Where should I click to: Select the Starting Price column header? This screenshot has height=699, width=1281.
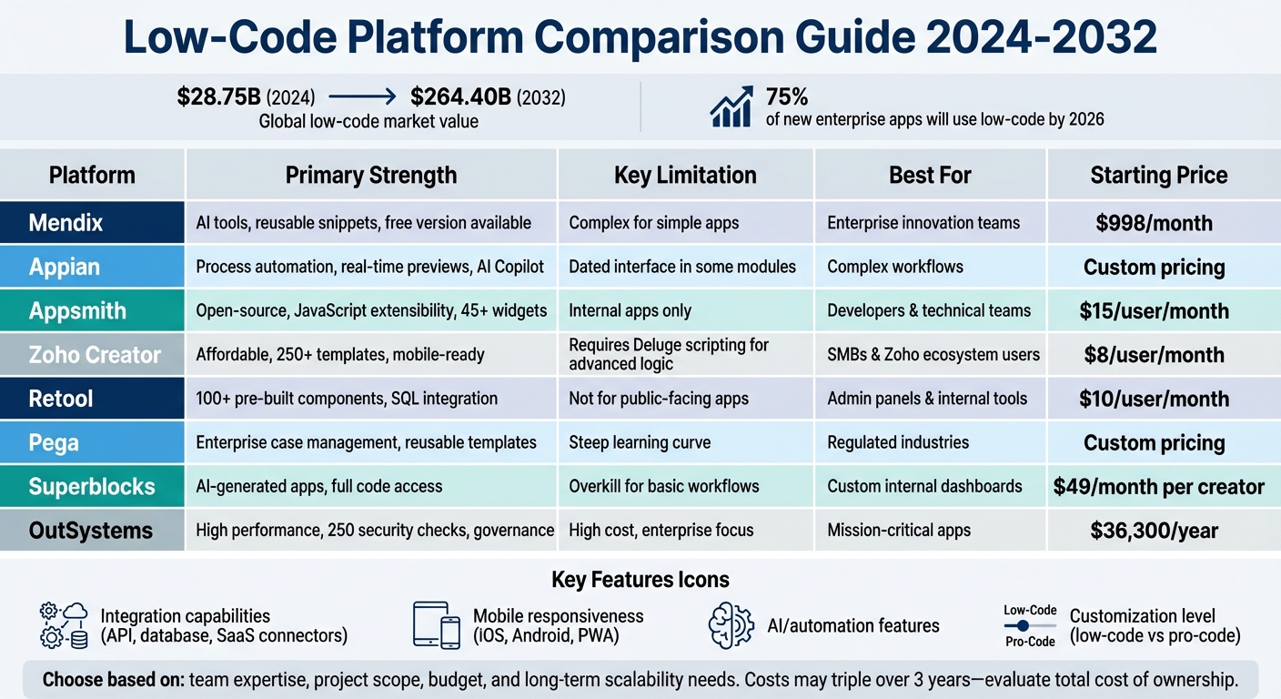[x=1158, y=175]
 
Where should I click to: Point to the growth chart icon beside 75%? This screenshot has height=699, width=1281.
[x=731, y=107]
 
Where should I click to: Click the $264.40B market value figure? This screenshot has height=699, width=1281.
[x=460, y=97]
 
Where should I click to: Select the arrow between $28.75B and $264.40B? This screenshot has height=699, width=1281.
[x=361, y=97]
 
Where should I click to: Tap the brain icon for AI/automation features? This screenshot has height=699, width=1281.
[x=731, y=625]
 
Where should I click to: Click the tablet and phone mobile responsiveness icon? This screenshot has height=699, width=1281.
[x=437, y=625]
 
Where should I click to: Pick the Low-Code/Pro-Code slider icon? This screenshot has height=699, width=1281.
[x=1030, y=625]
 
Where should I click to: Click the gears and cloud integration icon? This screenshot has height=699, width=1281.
[x=64, y=625]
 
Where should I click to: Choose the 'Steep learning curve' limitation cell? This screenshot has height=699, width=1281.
[x=640, y=443]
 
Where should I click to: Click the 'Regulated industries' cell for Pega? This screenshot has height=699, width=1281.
[x=897, y=443]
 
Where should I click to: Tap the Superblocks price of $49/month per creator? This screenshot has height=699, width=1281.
[x=1158, y=487]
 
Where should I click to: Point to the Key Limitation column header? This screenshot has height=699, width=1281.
[x=685, y=175]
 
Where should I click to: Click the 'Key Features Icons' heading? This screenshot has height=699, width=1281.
[x=640, y=580]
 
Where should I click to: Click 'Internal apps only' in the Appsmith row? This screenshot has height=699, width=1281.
[x=630, y=311]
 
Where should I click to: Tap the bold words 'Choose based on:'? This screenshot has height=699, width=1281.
[x=114, y=679]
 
